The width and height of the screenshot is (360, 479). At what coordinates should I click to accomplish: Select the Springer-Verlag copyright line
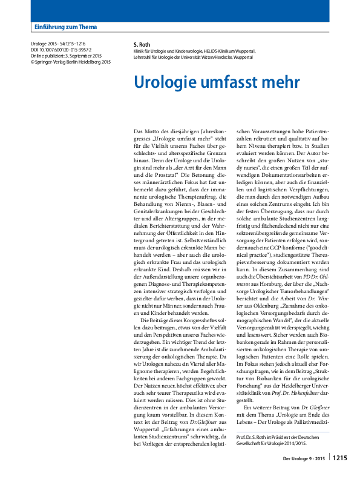[70, 62]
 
